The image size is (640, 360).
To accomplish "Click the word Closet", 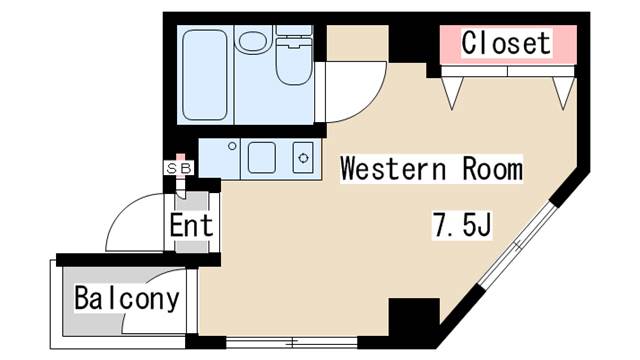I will click(x=506, y=43).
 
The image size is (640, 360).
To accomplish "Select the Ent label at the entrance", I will click(x=190, y=225).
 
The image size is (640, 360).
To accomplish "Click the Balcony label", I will click(x=127, y=298).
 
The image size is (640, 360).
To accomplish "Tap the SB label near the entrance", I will click(x=178, y=168).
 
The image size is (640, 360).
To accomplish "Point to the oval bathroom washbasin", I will click(x=254, y=42).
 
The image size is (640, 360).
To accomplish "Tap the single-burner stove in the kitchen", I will click(x=301, y=157).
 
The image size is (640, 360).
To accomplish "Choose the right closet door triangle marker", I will click(x=561, y=91).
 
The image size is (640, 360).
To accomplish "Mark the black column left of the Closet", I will click(x=410, y=43).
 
